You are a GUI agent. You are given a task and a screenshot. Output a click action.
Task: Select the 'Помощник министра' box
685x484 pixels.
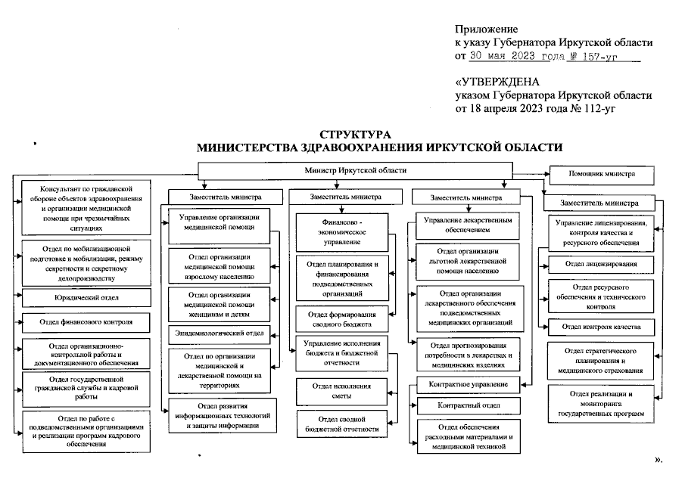(x=601, y=175)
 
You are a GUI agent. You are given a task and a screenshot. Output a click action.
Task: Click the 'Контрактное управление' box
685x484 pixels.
(x=468, y=384)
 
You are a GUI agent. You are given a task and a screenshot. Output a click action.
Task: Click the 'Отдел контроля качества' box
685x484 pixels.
(x=601, y=327)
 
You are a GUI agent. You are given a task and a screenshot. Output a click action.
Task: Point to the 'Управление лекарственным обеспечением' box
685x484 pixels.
(x=468, y=225)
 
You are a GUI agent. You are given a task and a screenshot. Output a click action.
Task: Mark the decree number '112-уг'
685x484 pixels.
(x=598, y=108)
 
